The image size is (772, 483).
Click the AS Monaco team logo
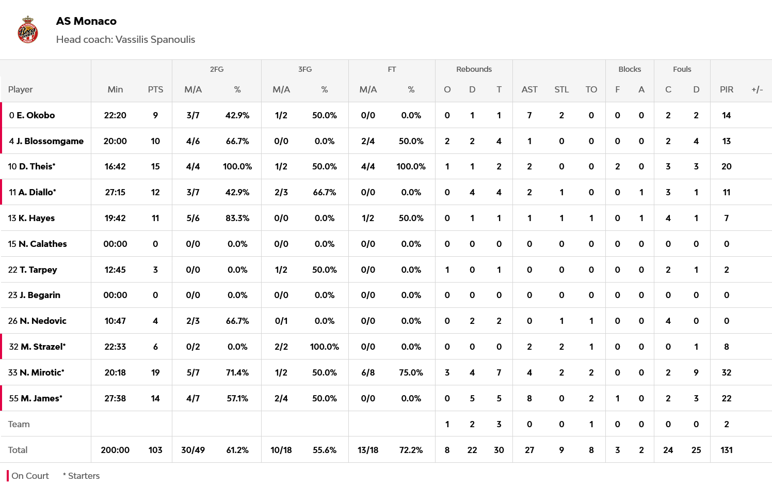click(28, 29)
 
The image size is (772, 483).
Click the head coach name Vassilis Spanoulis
click(155, 40)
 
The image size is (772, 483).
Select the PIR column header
click(726, 89)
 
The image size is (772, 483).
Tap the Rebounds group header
click(474, 69)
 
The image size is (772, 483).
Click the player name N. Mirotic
click(42, 372)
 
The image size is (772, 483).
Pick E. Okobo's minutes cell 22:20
click(115, 115)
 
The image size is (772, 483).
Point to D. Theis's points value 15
click(155, 166)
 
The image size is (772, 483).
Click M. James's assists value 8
click(529, 398)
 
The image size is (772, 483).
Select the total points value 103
click(155, 450)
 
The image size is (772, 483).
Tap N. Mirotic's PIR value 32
click(726, 372)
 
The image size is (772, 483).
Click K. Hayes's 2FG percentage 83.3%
click(237, 218)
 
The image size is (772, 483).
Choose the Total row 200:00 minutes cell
click(115, 450)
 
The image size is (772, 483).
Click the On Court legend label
click(30, 476)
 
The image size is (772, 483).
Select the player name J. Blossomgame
click(50, 141)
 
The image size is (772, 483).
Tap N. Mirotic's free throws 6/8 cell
click(368, 372)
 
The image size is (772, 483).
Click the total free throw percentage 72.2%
click(411, 450)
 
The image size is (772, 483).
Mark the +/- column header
click(757, 89)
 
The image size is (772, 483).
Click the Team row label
click(19, 424)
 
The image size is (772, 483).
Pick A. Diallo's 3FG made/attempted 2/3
click(281, 192)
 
